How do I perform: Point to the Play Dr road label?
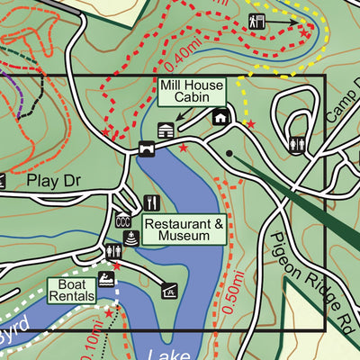(53, 181)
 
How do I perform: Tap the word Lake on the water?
(166, 354)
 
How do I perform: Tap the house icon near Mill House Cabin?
(220, 117)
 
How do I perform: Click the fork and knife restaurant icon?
(151, 202)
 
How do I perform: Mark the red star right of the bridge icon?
(184, 148)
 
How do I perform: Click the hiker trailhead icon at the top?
(256, 21)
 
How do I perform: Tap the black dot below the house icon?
(230, 153)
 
